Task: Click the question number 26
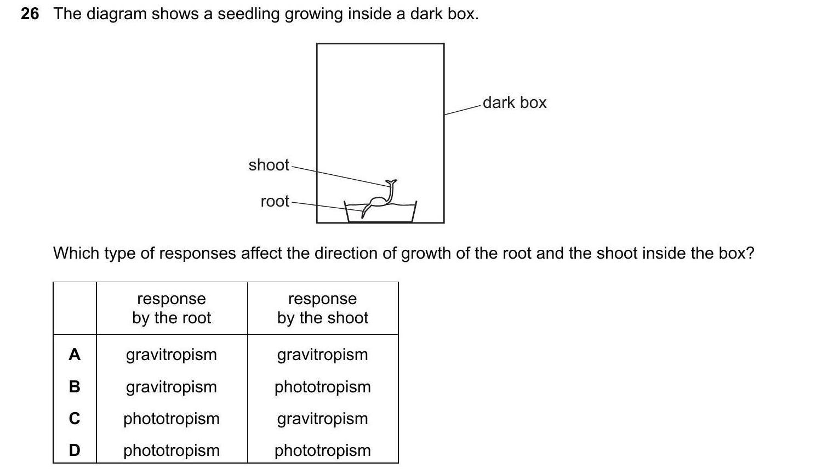(x=30, y=14)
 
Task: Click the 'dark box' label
(x=514, y=102)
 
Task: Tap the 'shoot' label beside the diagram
(x=269, y=165)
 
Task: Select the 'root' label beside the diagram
(x=275, y=201)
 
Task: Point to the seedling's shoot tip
(x=391, y=182)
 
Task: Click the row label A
(x=75, y=355)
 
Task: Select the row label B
(x=75, y=387)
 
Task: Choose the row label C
(x=75, y=419)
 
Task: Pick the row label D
(x=75, y=450)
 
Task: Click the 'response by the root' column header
(x=172, y=308)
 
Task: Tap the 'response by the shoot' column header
(x=322, y=308)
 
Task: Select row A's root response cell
(x=172, y=355)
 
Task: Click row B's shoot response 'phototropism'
(x=322, y=387)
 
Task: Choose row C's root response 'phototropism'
(x=172, y=419)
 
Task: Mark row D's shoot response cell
(x=322, y=450)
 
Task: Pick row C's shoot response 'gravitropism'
(x=322, y=419)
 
